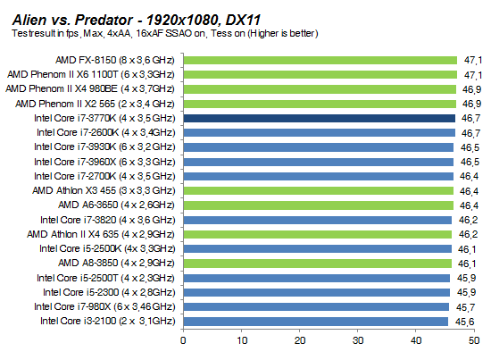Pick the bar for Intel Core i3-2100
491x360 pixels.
pyautogui.click(x=315, y=321)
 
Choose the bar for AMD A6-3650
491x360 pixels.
pyautogui.click(x=318, y=205)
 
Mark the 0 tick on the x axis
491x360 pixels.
pyautogui.click(x=184, y=339)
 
